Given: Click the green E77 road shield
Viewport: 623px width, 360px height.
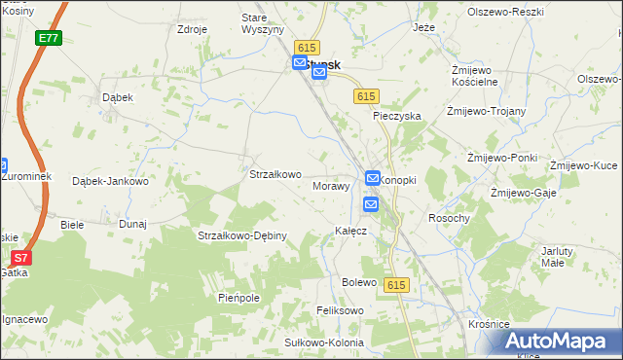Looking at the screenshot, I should point(49,37).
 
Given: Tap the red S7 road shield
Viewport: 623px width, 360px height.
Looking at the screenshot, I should point(21,258).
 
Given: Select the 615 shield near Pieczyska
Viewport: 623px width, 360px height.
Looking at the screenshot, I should point(366,95).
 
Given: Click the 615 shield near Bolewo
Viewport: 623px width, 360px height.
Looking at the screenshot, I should point(394,284).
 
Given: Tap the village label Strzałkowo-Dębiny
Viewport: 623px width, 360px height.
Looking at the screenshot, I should point(241,235).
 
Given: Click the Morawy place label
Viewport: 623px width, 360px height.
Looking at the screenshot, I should point(331,185).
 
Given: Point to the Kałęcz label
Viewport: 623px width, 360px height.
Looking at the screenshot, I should point(350,231).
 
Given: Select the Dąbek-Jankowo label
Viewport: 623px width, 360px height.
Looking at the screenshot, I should point(110,181).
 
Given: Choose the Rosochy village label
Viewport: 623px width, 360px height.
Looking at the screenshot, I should point(449,218).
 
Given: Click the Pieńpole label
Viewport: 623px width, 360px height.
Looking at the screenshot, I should point(238,298).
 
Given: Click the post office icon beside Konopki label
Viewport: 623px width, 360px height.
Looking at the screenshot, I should point(373,178).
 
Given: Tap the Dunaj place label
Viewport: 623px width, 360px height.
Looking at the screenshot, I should point(132,224).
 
